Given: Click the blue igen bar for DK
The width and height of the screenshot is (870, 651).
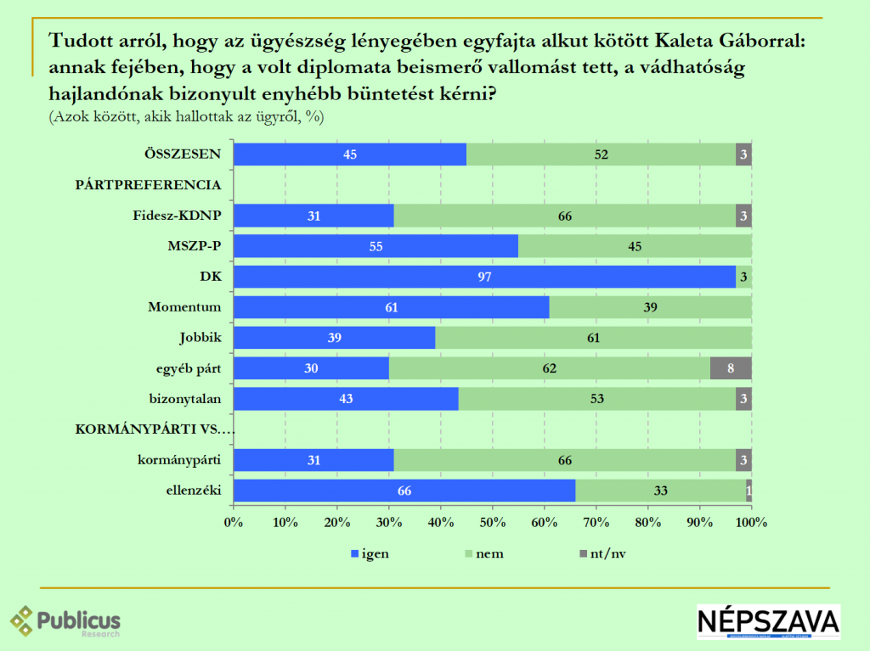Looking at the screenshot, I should point(484,277).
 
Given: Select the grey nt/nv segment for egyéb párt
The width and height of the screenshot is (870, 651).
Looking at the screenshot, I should point(732,368).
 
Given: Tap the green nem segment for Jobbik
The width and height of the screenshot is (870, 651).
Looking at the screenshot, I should point(593,338).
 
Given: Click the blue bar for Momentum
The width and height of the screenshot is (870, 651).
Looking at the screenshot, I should point(391,307).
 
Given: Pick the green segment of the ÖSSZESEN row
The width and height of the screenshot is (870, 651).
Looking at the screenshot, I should point(602,154).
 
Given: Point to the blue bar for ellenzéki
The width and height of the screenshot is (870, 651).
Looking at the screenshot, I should point(404,491).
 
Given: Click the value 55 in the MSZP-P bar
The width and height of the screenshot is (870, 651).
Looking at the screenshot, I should point(375,246).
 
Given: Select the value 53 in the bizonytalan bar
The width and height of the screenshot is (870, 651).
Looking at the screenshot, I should point(598,399).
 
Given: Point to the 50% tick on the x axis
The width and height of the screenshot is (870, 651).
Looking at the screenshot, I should point(493,521).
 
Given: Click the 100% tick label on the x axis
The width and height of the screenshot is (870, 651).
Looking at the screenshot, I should point(752,521).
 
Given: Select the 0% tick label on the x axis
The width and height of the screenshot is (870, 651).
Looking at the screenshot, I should point(234,521).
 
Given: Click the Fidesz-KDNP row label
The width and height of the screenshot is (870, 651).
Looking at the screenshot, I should point(178,216).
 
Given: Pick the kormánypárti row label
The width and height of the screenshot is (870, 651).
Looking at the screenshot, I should point(179,460).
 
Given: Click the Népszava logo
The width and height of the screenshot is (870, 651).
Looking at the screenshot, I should point(768,621).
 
